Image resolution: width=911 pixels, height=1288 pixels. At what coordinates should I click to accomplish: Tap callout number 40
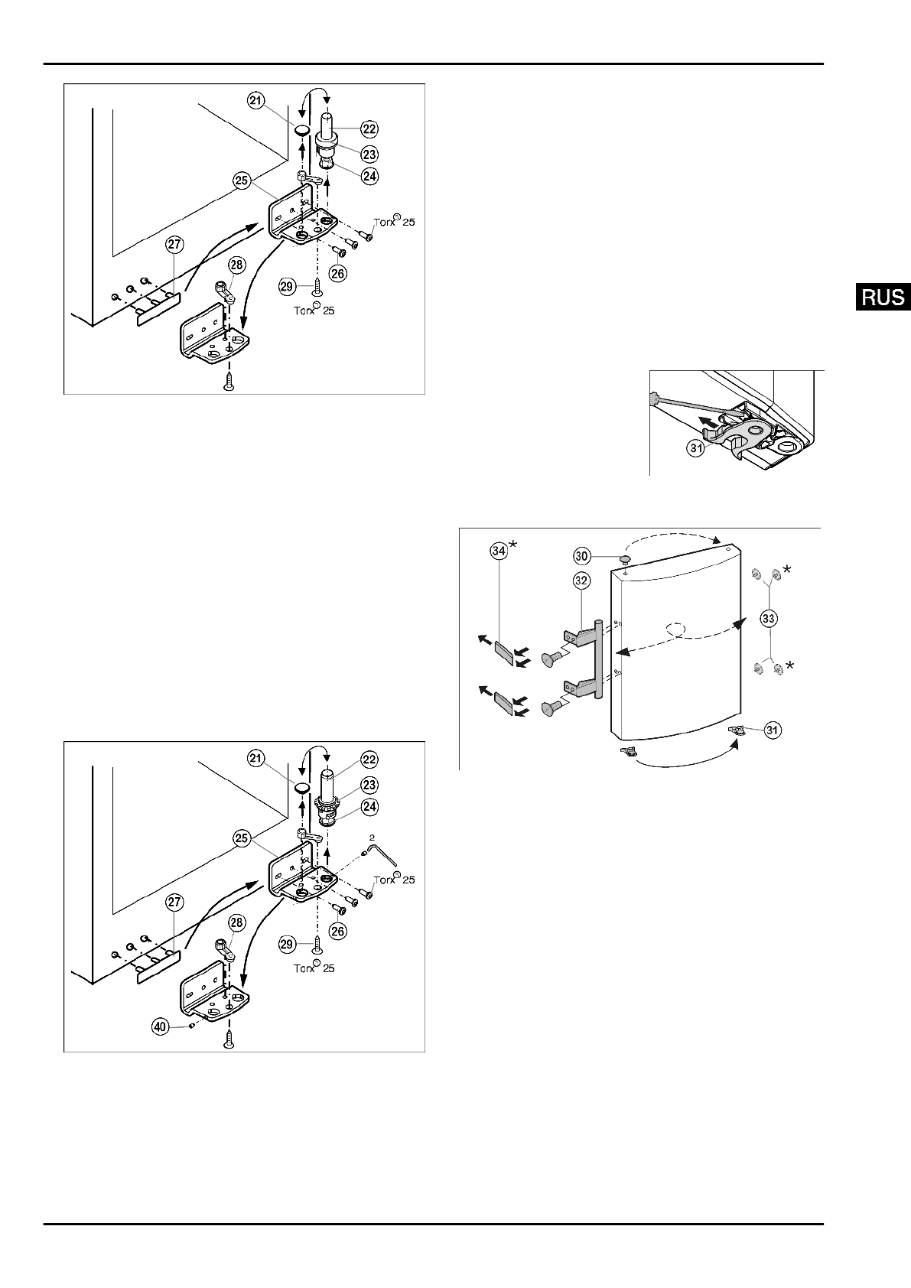tap(160, 1027)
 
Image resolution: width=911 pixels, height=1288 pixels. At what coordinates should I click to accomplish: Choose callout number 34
tap(499, 551)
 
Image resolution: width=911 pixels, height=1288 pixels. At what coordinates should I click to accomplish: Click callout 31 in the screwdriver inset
tap(695, 449)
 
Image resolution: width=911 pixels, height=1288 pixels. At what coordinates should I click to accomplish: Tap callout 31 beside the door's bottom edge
tap(773, 730)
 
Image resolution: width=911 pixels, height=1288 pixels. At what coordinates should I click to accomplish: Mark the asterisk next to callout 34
tap(514, 545)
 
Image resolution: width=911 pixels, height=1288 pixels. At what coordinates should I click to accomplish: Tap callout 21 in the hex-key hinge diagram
tap(256, 759)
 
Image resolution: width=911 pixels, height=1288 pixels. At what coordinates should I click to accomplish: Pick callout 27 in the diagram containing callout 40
tap(174, 903)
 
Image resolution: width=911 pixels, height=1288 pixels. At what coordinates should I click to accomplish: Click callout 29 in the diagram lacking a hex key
tap(287, 286)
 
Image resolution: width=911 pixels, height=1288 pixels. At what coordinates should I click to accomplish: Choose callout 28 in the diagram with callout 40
tap(236, 923)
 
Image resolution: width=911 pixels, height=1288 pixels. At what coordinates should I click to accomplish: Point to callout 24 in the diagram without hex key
tap(369, 175)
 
